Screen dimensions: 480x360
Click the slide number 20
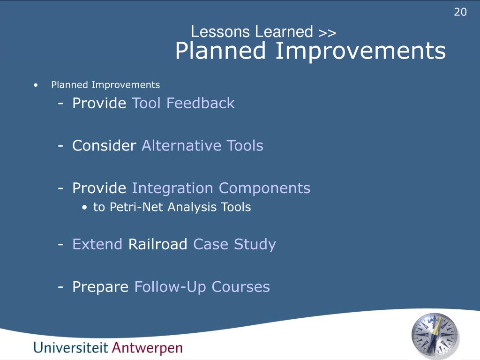460,12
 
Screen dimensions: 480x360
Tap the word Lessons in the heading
220,31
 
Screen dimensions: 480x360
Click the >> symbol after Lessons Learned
327,32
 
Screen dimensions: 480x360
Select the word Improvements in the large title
360,51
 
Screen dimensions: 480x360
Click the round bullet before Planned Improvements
36,85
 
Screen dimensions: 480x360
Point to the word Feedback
201,103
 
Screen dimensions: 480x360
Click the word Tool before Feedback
146,103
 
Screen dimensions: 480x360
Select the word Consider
104,145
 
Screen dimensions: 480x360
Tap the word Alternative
181,145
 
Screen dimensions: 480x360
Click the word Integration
172,188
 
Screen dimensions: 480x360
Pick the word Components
264,188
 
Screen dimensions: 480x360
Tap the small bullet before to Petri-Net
85,208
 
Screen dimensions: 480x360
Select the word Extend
97,244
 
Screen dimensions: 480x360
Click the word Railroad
157,244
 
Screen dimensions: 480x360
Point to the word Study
255,245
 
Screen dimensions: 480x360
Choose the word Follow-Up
170,287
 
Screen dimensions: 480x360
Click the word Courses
240,287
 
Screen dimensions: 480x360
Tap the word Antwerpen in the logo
147,348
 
